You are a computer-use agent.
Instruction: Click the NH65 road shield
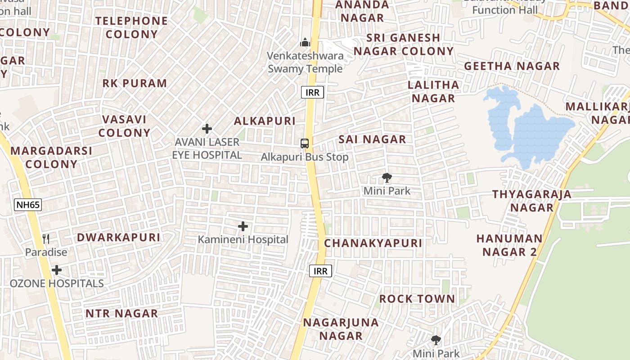(x=28, y=205)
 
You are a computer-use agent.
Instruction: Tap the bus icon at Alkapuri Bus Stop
(x=305, y=144)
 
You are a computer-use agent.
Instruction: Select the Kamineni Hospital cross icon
(x=243, y=226)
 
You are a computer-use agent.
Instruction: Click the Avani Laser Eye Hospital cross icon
(x=207, y=129)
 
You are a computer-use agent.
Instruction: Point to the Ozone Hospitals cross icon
(x=57, y=270)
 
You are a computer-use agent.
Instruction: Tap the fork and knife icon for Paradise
(x=45, y=238)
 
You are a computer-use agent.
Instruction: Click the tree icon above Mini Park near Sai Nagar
(x=387, y=178)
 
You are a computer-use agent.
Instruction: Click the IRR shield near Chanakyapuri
(x=321, y=271)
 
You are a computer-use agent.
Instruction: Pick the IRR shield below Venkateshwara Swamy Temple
(x=312, y=93)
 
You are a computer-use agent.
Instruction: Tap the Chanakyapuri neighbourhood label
(x=373, y=243)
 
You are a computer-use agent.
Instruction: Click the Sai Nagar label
(x=372, y=139)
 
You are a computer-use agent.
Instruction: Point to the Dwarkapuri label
(x=118, y=238)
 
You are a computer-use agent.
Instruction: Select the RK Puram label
(x=135, y=83)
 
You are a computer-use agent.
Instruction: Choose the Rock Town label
(x=417, y=299)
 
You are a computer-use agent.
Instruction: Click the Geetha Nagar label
(x=512, y=66)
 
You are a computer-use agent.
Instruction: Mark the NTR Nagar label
(x=121, y=313)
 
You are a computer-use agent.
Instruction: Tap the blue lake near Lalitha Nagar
(x=531, y=130)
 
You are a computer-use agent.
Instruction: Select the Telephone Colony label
(x=131, y=27)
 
